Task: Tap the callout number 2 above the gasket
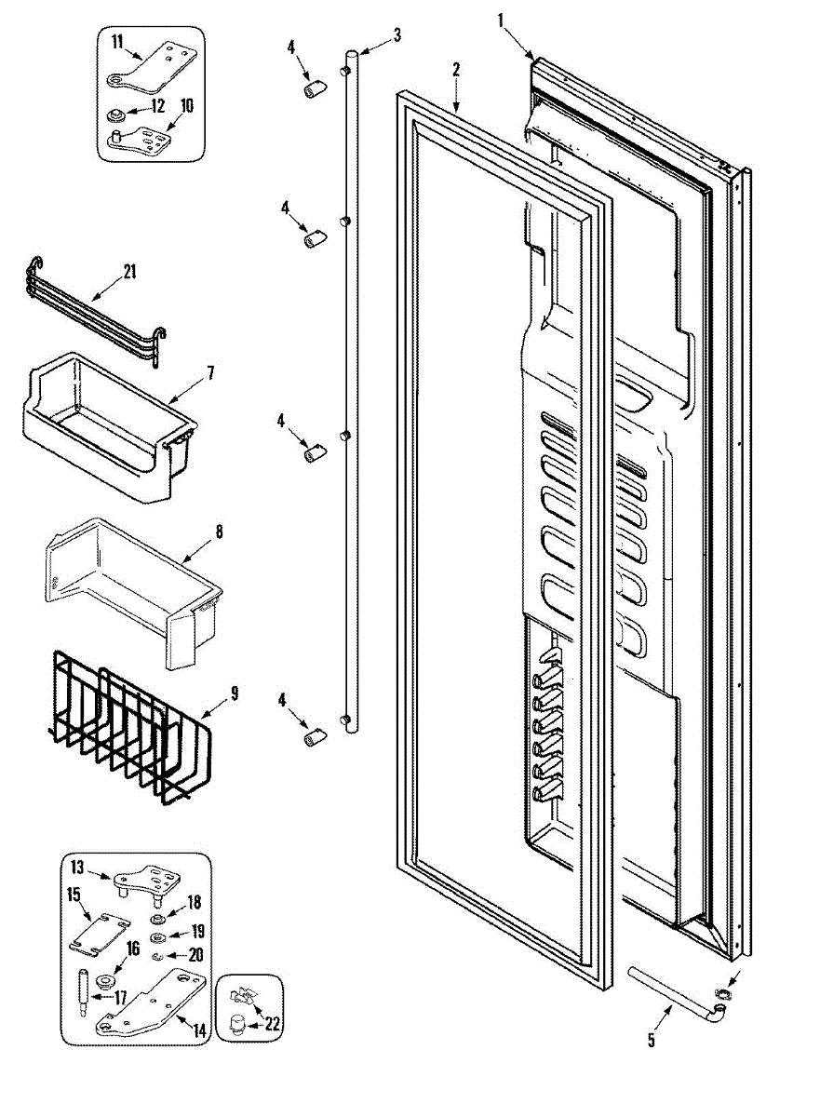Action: pos(456,70)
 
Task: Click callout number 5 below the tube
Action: pos(651,1040)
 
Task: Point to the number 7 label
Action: pos(210,372)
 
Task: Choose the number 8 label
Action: pos(219,532)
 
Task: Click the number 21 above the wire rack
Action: pos(129,273)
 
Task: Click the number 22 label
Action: pos(272,1024)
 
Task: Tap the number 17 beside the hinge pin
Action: pos(121,996)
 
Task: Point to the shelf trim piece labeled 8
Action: pos(130,596)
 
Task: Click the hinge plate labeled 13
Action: pos(144,881)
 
